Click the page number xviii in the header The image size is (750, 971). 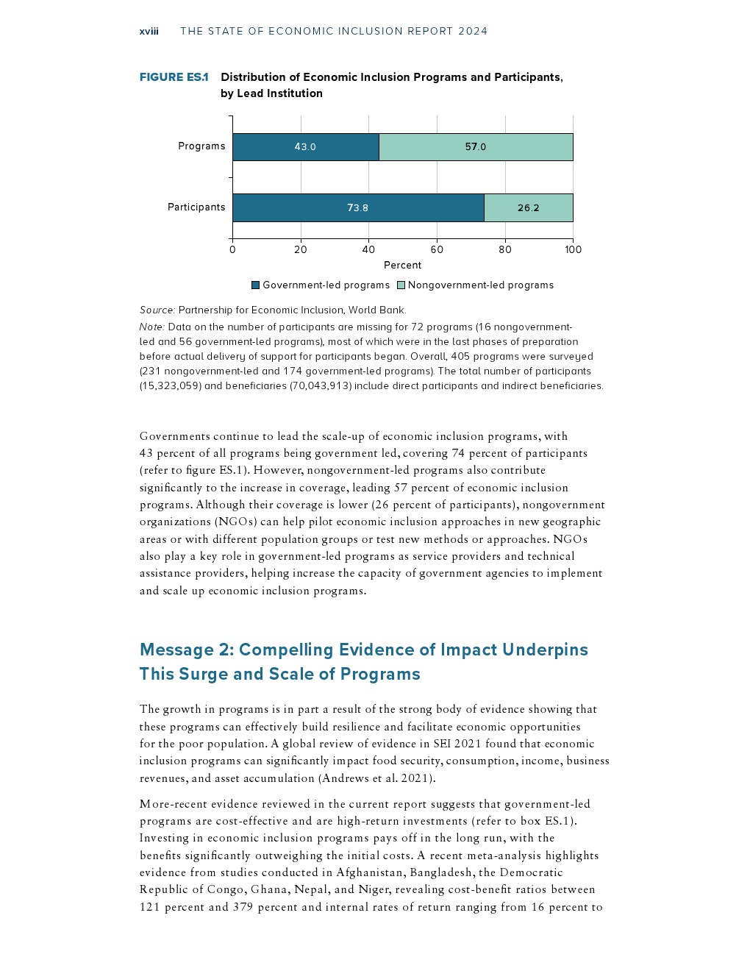[x=149, y=31]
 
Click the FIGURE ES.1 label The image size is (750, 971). [x=174, y=77]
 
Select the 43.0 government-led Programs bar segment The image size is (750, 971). [x=305, y=147]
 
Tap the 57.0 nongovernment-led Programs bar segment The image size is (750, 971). [x=475, y=147]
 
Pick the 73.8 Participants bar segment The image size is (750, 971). [x=357, y=208]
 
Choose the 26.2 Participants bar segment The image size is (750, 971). [x=528, y=208]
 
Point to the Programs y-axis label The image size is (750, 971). [x=201, y=146]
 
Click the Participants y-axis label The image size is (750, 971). [x=196, y=207]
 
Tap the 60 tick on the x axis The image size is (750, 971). [x=437, y=249]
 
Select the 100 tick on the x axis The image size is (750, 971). [x=573, y=249]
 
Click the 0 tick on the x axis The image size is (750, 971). [x=232, y=249]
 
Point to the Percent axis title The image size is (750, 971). [x=402, y=266]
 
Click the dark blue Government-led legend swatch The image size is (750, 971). [x=256, y=285]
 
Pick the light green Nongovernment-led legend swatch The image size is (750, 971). [x=401, y=285]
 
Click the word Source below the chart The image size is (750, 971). [x=157, y=310]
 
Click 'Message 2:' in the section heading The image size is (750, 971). [x=186, y=650]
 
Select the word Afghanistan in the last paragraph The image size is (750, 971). [x=371, y=873]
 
